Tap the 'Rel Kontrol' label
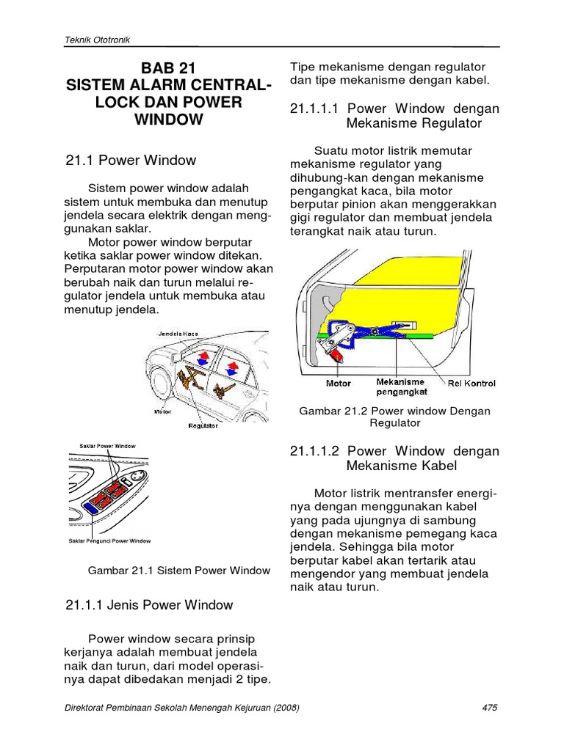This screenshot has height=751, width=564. tap(471, 383)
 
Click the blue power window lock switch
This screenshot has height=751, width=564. tap(89, 506)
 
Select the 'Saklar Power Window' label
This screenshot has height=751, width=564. tap(107, 446)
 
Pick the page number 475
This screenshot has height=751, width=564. tap(490, 708)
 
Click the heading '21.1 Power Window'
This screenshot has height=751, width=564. tap(131, 160)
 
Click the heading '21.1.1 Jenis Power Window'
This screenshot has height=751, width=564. tap(149, 605)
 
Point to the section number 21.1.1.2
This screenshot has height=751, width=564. tap(314, 451)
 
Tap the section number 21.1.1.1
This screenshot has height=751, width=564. tap(314, 109)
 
